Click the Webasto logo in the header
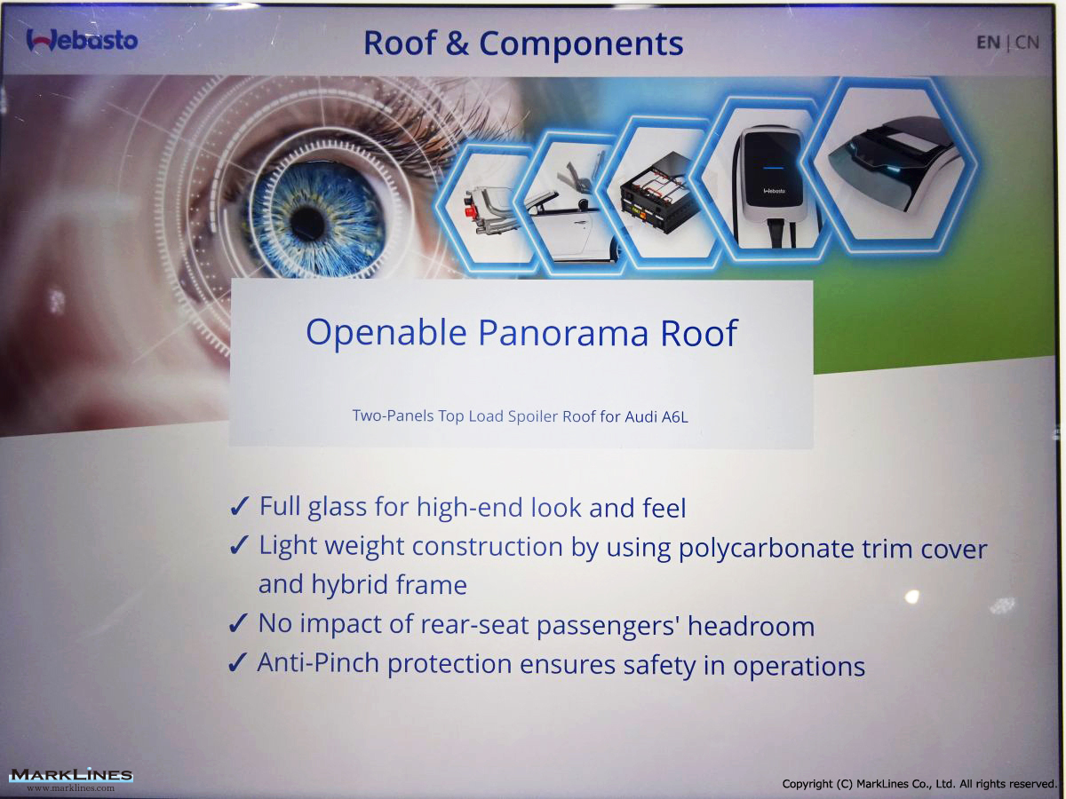tap(82, 40)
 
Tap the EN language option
tap(989, 43)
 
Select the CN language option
tap(1027, 43)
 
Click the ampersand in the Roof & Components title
tap(457, 44)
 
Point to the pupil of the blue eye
tap(307, 224)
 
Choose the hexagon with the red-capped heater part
tap(486, 206)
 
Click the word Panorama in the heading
tap(563, 334)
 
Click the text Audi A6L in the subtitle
tap(656, 416)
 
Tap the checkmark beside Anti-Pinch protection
tap(238, 662)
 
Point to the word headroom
tap(752, 626)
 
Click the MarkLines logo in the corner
tap(71, 779)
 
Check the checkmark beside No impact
tap(238, 623)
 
